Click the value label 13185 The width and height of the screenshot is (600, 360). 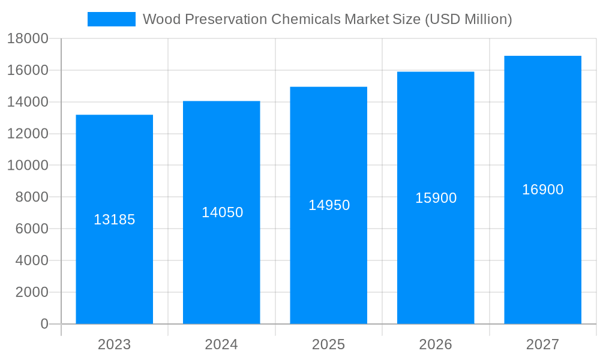[114, 220]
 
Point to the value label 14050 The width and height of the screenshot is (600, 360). [222, 212]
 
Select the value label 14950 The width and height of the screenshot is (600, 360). [329, 205]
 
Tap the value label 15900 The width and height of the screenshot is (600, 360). [436, 198]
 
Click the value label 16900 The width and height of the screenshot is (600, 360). [542, 190]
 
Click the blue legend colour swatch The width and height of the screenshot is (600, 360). [112, 19]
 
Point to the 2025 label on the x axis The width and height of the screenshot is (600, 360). [328, 344]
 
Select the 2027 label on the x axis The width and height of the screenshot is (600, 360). [542, 344]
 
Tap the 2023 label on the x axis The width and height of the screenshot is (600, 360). [114, 344]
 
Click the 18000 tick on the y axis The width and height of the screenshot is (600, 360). [27, 39]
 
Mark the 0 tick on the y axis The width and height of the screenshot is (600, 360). [44, 324]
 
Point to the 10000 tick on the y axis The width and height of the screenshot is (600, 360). [27, 166]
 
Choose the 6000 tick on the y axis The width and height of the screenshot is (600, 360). [31, 229]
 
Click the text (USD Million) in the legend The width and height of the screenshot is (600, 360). [468, 19]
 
